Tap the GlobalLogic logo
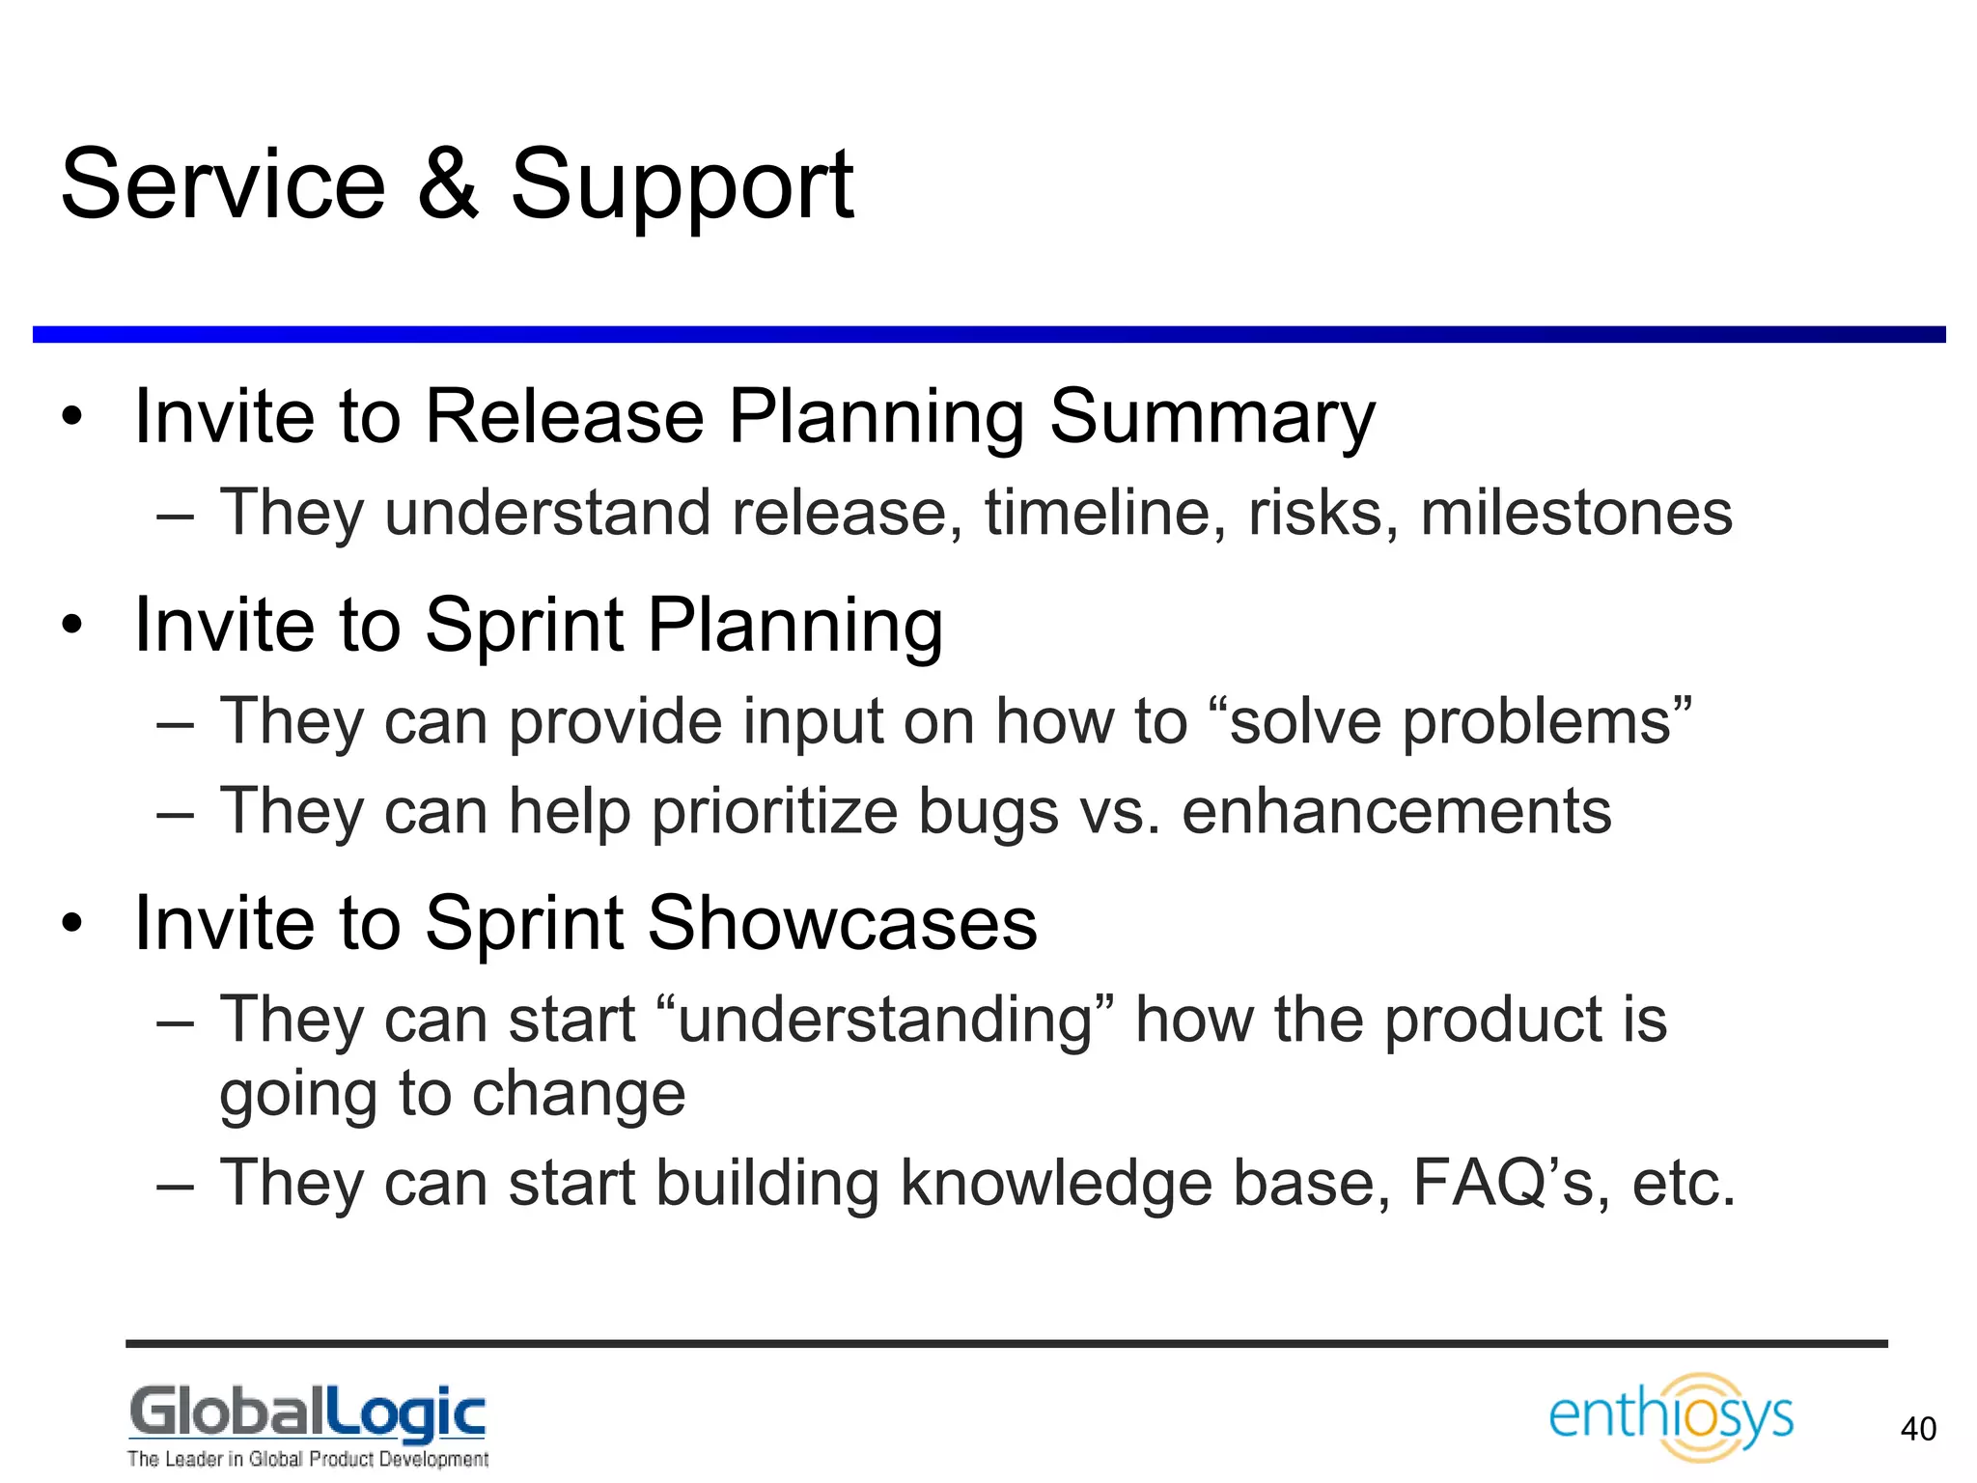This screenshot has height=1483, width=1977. click(x=307, y=1414)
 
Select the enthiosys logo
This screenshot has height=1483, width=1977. click(x=1671, y=1416)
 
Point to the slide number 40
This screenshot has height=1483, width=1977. click(x=1917, y=1429)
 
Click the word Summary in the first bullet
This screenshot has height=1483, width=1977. click(x=1211, y=417)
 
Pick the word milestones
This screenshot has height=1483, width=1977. click(x=1575, y=513)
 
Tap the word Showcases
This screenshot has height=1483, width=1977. click(x=842, y=924)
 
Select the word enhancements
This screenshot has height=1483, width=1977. click(x=1396, y=811)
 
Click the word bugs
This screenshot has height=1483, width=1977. click(x=988, y=813)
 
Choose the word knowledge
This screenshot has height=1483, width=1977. click(x=1056, y=1185)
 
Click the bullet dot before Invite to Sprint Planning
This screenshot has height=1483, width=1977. click(x=72, y=626)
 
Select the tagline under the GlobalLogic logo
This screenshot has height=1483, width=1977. click(x=307, y=1459)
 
